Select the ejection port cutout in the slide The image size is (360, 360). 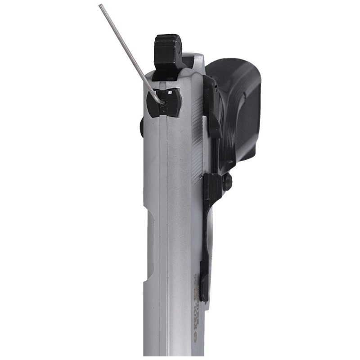(x=151, y=252)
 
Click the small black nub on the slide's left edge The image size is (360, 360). (x=142, y=126)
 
